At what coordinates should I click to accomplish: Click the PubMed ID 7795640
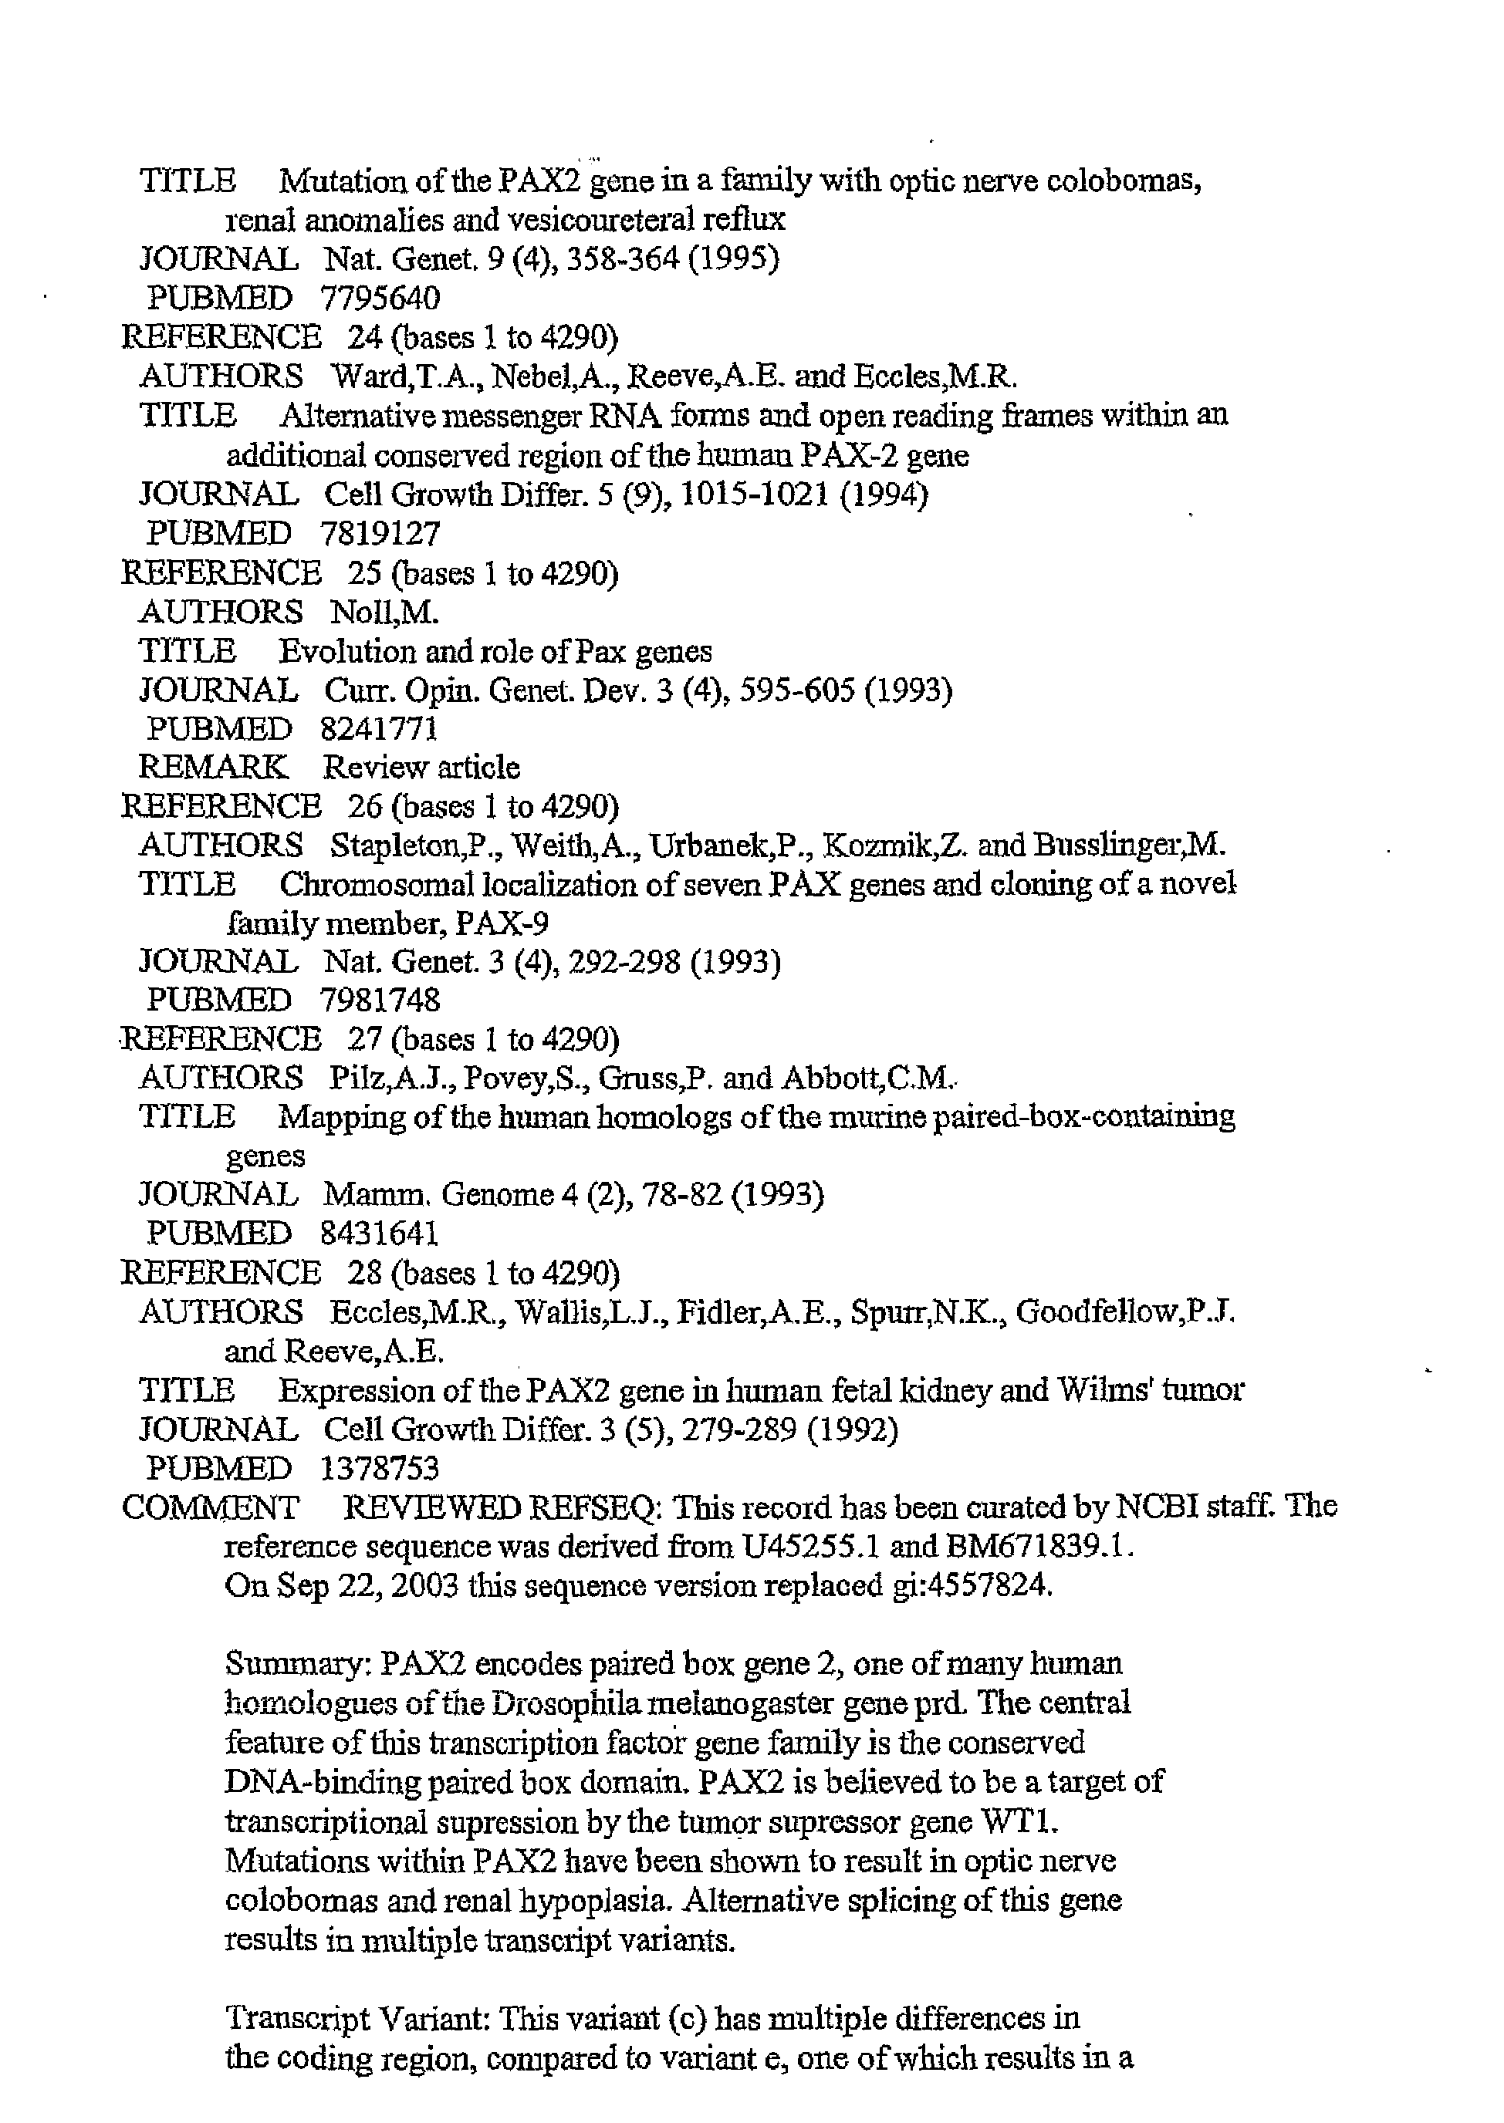(x=380, y=298)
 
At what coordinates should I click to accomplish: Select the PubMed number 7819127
(x=380, y=533)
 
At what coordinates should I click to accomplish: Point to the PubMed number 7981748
(x=380, y=1001)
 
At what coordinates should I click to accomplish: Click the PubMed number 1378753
(x=380, y=1470)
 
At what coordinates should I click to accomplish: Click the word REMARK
(x=213, y=768)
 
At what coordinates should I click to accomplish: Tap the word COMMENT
(x=210, y=1508)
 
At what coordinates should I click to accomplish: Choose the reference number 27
(x=365, y=1040)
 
